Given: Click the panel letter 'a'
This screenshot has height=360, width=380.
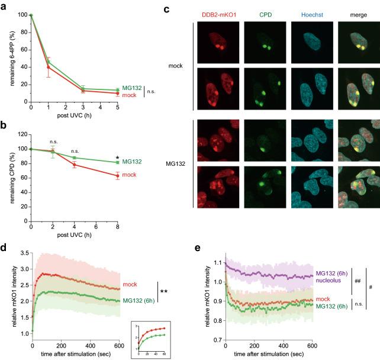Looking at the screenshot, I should pyautogui.click(x=4, y=7).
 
